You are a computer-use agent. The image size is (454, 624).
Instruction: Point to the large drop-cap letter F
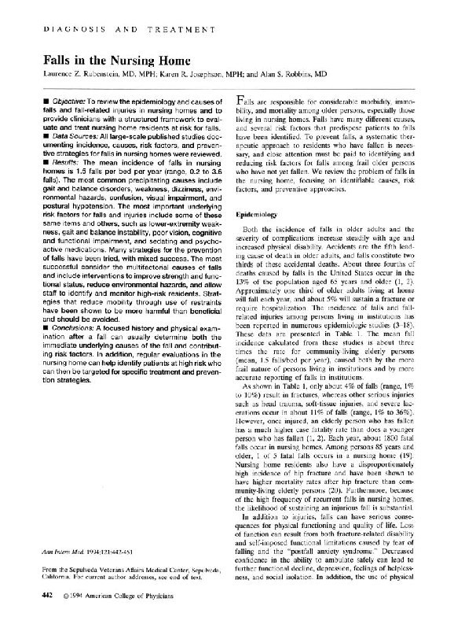[240, 102]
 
